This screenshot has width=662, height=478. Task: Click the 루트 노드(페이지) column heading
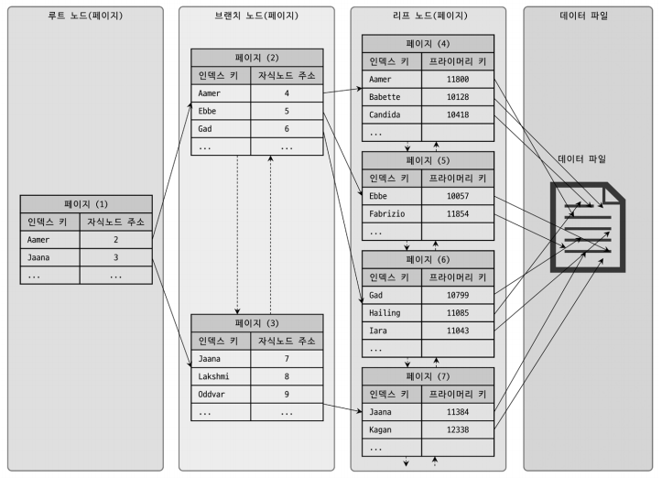pyautogui.click(x=83, y=16)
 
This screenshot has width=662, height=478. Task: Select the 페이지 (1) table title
pyautogui.click(x=85, y=203)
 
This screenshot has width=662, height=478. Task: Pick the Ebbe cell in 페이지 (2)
pyautogui.click(x=208, y=110)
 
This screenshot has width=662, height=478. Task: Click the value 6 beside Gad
pyautogui.click(x=287, y=128)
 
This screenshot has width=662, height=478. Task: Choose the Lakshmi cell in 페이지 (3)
pyautogui.click(x=216, y=375)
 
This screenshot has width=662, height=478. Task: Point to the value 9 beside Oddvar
pyautogui.click(x=287, y=394)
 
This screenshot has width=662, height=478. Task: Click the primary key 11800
pyautogui.click(x=458, y=80)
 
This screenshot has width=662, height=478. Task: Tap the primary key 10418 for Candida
pyautogui.click(x=458, y=114)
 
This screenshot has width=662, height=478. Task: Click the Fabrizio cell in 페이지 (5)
pyautogui.click(x=389, y=213)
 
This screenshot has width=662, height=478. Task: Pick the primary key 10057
pyautogui.click(x=458, y=196)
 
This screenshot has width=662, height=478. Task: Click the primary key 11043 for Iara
pyautogui.click(x=458, y=330)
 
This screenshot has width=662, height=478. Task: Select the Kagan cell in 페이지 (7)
pyautogui.click(x=382, y=429)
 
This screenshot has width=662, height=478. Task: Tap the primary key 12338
pyautogui.click(x=458, y=429)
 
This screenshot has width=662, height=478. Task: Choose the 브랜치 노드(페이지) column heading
pyautogui.click(x=255, y=16)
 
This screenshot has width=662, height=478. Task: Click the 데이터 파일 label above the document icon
pyautogui.click(x=582, y=159)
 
